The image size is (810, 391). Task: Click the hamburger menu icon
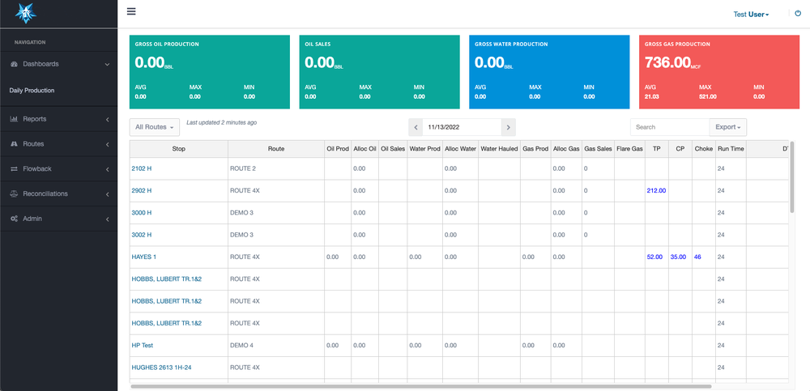pyautogui.click(x=131, y=12)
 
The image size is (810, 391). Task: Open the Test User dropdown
pyautogui.click(x=751, y=14)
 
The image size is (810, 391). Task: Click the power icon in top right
pyautogui.click(x=798, y=14)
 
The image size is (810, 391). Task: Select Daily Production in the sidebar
pyautogui.click(x=32, y=91)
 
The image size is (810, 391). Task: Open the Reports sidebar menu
pyautogui.click(x=35, y=119)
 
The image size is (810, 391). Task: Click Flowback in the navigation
pyautogui.click(x=36, y=169)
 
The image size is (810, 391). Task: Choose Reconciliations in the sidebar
pyautogui.click(x=45, y=193)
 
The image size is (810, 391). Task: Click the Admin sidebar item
pyautogui.click(x=32, y=219)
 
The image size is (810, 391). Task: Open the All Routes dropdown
pyautogui.click(x=153, y=127)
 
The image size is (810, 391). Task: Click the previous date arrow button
pyautogui.click(x=416, y=127)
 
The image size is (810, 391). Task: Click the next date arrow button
pyautogui.click(x=508, y=127)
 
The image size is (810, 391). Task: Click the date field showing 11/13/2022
pyautogui.click(x=462, y=127)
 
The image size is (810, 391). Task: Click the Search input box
pyautogui.click(x=669, y=127)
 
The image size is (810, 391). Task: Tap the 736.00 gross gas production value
pyautogui.click(x=668, y=62)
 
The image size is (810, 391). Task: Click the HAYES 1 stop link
pyautogui.click(x=143, y=257)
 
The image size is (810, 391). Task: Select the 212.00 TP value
pyautogui.click(x=656, y=191)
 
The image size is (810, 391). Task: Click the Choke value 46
pyautogui.click(x=697, y=257)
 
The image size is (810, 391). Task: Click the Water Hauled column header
pyautogui.click(x=499, y=149)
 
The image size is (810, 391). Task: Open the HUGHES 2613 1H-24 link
pyautogui.click(x=161, y=368)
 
